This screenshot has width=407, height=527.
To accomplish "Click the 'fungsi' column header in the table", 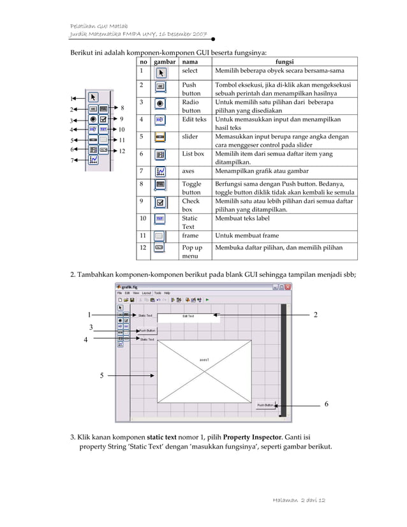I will coord(284,62).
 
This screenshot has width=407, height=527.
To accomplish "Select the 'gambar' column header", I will coord(165,62).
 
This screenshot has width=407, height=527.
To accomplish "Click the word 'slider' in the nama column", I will coord(190,137).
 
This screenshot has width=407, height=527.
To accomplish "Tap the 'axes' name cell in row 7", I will coord(189,171).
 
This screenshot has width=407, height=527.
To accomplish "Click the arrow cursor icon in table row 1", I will coord(161,72).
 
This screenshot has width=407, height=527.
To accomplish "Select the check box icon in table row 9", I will coord(161,204).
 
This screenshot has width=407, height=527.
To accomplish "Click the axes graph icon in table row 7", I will coord(161,172).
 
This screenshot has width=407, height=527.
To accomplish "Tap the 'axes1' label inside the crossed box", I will coord(204,360).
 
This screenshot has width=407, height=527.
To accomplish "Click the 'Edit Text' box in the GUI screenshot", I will coord(189,316).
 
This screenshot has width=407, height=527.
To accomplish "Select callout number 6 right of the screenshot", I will coord(327,405).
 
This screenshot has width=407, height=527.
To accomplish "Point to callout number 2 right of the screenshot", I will coord(316,315).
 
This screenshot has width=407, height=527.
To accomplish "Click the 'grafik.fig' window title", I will coord(131,286).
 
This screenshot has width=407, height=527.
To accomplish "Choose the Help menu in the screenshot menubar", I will coord(167,293).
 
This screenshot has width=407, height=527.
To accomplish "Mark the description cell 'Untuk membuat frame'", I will coord(248,235).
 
